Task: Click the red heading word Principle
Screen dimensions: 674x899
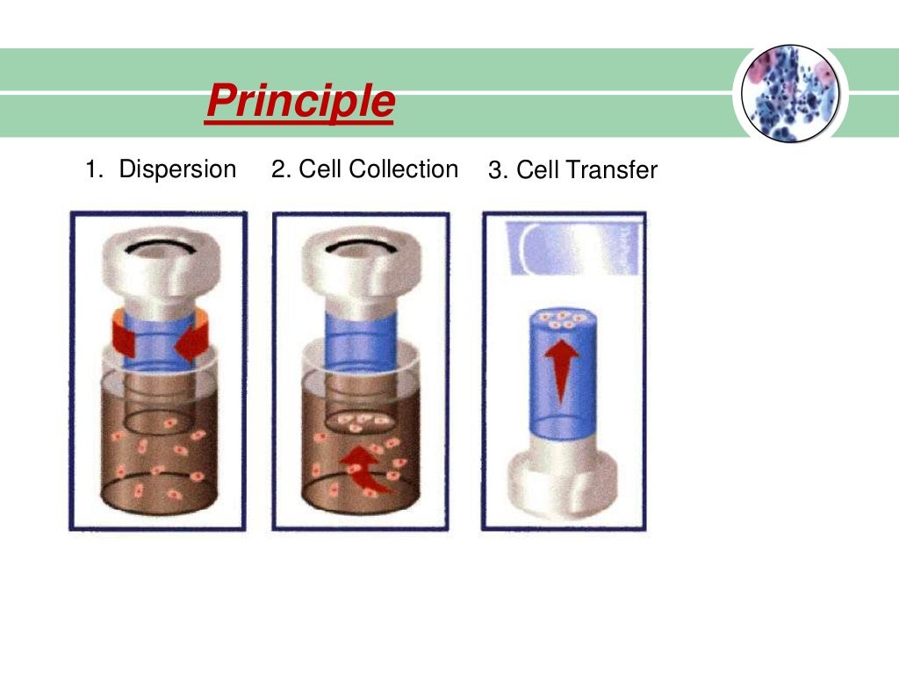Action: (299, 103)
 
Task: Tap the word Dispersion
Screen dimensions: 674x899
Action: (177, 168)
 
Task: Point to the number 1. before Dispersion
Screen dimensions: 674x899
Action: (94, 168)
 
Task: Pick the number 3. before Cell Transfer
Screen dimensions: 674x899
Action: (498, 170)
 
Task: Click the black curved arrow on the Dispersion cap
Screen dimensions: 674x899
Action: (159, 248)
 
